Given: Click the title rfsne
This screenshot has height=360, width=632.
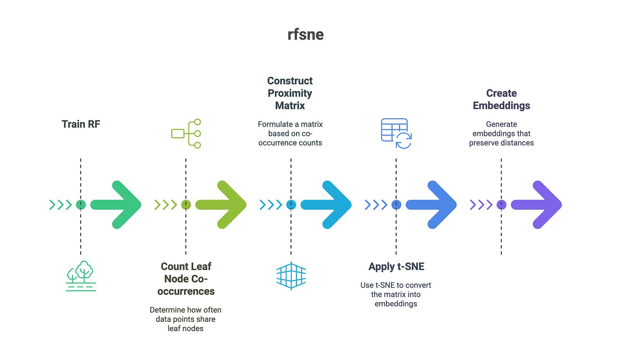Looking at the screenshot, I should (x=305, y=34).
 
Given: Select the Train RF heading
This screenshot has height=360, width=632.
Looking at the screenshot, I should (x=81, y=124).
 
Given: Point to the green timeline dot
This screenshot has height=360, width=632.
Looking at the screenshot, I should (x=81, y=205).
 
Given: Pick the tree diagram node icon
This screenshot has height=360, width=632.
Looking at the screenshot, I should (x=186, y=133).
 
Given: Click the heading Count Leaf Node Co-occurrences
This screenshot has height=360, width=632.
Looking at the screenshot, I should (x=186, y=278).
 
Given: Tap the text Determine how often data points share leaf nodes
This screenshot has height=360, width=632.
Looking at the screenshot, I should (x=186, y=319).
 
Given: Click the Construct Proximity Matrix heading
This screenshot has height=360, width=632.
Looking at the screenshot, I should (x=290, y=93).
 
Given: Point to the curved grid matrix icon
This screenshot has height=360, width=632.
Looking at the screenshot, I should (x=291, y=275).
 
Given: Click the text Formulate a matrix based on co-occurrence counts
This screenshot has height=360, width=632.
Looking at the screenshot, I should (x=290, y=133).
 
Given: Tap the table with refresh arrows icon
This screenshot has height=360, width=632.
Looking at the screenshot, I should (x=396, y=133).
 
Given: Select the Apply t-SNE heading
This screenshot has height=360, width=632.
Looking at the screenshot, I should (x=396, y=266).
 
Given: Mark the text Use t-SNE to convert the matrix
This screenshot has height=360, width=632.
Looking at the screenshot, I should (x=396, y=294).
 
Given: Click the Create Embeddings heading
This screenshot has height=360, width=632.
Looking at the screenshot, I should (x=501, y=99).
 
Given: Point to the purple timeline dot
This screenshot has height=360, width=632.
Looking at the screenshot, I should (x=501, y=205).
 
